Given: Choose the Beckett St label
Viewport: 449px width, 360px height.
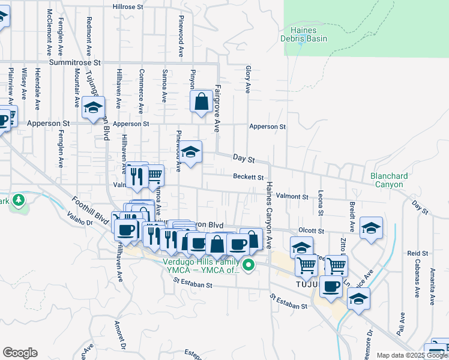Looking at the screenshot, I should (249, 177).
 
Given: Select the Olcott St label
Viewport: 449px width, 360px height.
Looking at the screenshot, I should (312, 230).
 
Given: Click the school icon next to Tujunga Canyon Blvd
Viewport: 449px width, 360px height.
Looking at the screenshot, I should (93, 108).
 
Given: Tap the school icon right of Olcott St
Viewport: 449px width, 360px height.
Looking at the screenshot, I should (371, 229).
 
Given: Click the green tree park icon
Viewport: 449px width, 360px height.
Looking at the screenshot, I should (19, 200).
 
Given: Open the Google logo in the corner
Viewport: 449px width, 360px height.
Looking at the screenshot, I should (20, 353).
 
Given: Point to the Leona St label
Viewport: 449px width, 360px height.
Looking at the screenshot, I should (321, 204).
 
